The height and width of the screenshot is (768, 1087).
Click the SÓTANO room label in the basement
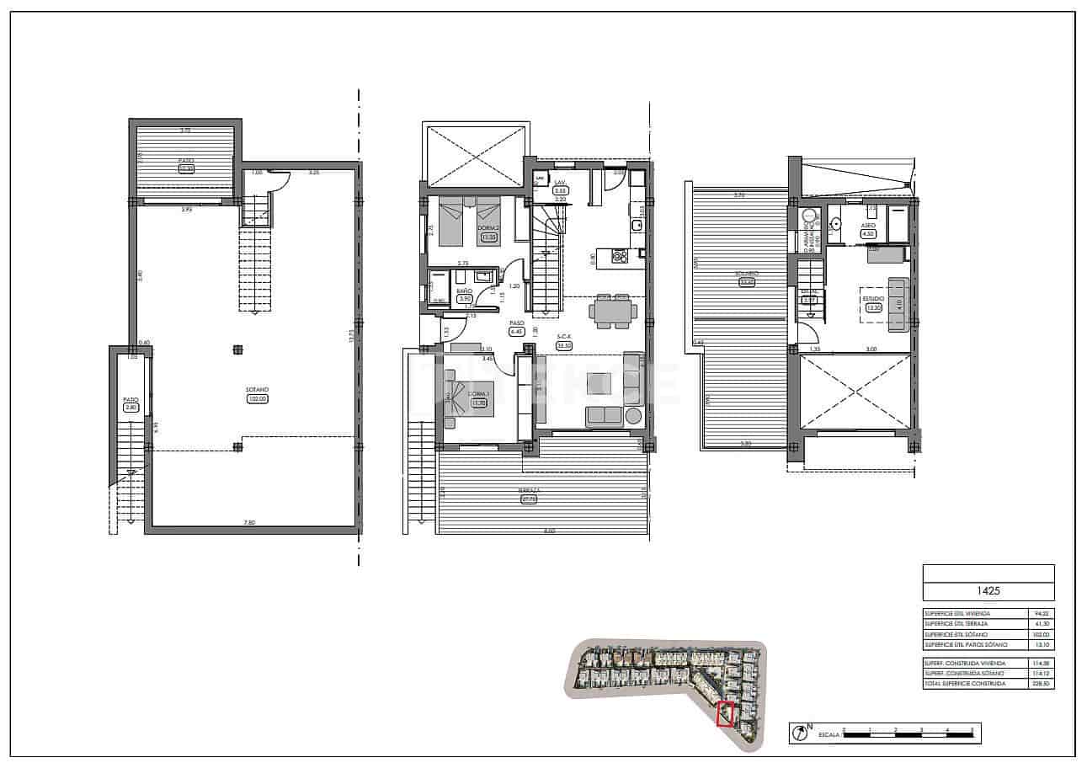click(257, 389)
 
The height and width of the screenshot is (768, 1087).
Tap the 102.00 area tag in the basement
click(257, 399)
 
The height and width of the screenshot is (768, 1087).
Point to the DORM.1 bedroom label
click(480, 394)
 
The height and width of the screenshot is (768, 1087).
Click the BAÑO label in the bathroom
click(465, 290)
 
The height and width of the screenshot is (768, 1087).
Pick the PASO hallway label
click(516, 323)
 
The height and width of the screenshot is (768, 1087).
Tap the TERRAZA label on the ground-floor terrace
click(529, 490)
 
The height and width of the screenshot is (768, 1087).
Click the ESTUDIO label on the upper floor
click(872, 298)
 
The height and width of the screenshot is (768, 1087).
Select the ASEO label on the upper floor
click(869, 227)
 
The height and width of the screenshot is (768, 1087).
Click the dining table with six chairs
click(613, 310)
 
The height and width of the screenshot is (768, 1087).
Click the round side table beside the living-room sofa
click(633, 415)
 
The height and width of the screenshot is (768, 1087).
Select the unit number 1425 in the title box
click(988, 591)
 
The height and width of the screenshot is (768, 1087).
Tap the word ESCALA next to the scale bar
click(829, 734)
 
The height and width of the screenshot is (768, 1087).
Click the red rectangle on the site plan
click(725, 714)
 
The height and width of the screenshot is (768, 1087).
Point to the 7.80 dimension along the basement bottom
click(249, 523)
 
